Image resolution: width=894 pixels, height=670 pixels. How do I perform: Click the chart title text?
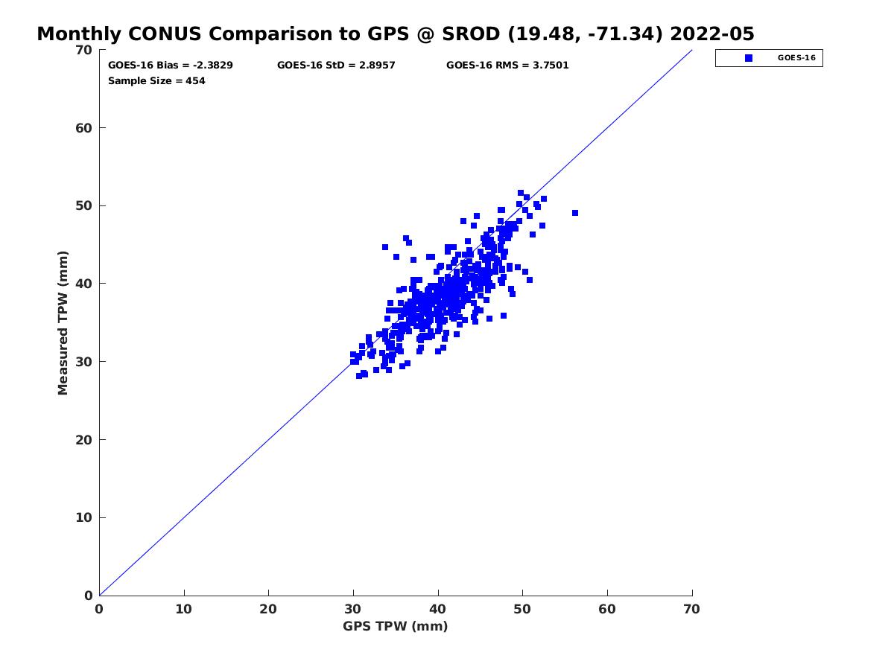click(395, 33)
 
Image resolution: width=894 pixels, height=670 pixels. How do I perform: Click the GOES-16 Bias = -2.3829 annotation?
click(171, 65)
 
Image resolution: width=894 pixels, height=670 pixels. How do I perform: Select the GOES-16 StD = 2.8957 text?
click(336, 65)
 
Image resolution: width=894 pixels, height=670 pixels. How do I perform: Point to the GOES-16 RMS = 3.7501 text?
click(507, 65)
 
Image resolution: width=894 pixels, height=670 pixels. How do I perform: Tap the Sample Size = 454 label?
click(156, 81)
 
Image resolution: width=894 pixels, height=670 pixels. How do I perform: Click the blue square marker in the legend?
click(748, 58)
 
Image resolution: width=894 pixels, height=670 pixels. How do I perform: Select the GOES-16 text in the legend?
click(796, 58)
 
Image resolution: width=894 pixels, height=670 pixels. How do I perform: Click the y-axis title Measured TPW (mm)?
click(63, 322)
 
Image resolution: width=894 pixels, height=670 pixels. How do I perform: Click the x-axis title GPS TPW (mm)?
click(395, 626)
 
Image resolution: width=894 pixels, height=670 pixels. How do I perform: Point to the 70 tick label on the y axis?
click(84, 50)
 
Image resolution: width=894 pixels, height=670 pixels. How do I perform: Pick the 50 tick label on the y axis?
click(84, 206)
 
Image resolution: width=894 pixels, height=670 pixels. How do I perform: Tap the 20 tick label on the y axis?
click(84, 440)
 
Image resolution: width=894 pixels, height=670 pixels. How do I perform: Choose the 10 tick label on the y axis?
click(84, 517)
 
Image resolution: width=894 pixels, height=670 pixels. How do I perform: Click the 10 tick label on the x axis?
click(184, 609)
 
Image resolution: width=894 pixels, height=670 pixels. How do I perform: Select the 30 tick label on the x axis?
click(352, 609)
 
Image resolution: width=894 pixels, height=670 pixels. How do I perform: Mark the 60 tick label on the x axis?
click(607, 609)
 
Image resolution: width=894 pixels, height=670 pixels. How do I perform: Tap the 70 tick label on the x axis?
click(691, 609)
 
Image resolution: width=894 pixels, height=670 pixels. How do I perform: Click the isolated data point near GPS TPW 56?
click(574, 213)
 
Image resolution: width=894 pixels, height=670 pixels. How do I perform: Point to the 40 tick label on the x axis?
click(437, 609)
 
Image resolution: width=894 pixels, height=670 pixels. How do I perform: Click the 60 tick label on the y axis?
click(84, 128)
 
